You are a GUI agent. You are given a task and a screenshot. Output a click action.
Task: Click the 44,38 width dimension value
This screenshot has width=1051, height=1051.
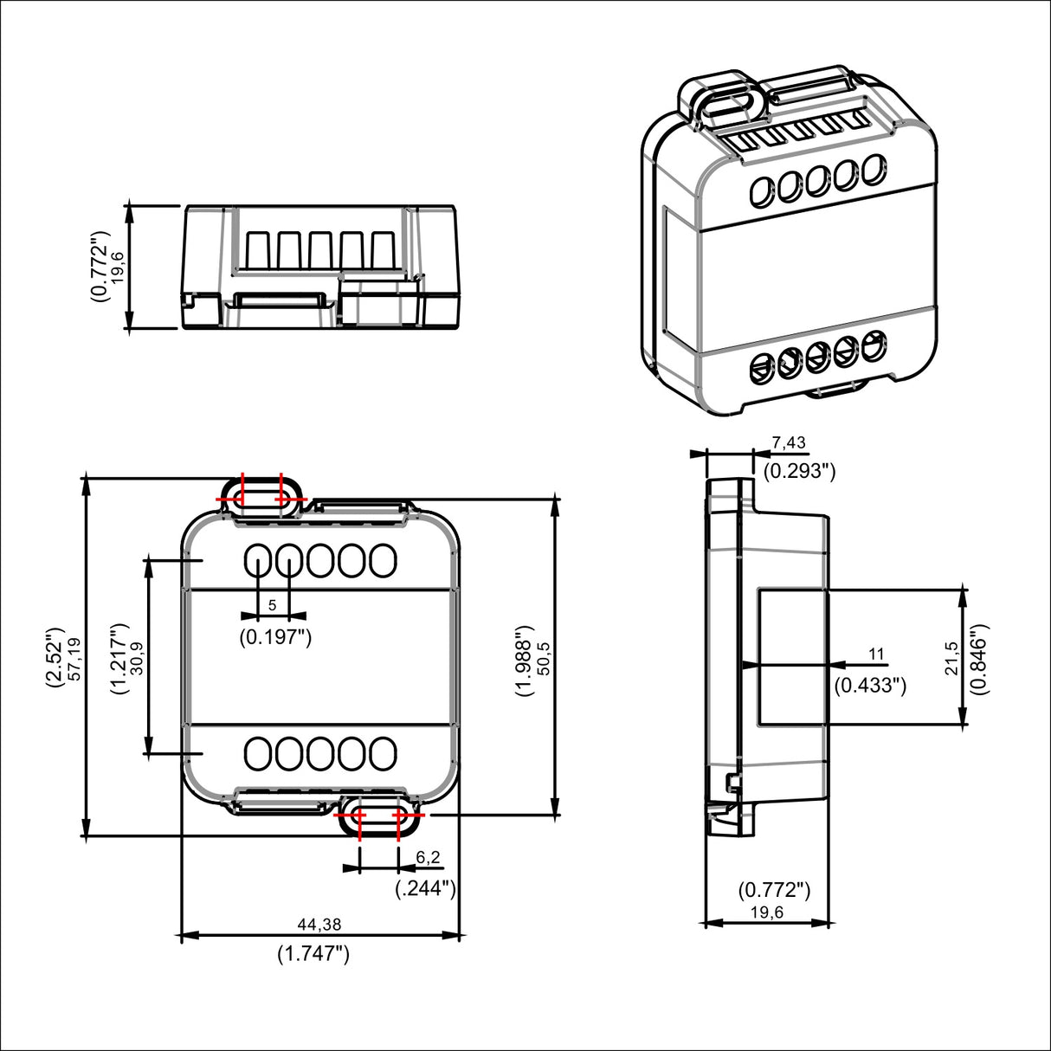pos(319,925)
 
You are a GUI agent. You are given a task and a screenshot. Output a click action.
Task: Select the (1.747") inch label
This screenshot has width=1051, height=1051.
pos(313,954)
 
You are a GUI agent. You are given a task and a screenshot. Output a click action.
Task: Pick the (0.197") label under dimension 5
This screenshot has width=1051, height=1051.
pos(275,638)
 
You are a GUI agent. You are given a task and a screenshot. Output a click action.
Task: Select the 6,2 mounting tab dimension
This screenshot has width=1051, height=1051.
pos(428,857)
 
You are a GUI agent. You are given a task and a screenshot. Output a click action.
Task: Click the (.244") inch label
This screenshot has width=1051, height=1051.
pos(425,888)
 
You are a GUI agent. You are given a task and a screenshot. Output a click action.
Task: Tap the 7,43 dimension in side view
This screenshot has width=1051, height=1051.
pos(789,442)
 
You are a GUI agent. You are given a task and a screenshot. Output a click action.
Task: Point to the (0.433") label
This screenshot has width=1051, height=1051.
pos(870,686)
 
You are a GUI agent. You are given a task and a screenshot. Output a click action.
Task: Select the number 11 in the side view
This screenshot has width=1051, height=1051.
pos(876,654)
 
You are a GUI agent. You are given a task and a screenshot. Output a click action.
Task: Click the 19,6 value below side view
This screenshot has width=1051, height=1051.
pos(767,912)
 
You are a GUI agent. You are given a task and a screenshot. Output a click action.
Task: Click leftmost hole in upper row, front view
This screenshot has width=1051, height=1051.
pos(258,562)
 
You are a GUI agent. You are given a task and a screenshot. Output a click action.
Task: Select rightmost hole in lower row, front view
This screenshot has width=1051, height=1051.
pos(383,753)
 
